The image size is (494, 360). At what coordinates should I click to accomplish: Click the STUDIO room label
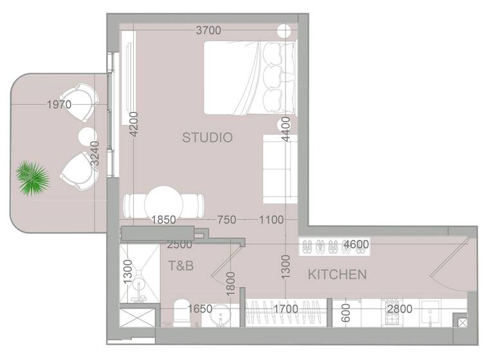[x=206, y=138]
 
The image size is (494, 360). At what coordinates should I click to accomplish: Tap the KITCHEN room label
[x=337, y=275]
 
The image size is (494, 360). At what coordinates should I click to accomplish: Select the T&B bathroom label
[x=181, y=265]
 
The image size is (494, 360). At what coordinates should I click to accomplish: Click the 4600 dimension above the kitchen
[x=356, y=245]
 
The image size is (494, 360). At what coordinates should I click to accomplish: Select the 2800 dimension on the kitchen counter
[x=400, y=309]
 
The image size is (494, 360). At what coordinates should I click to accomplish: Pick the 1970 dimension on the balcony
[x=59, y=104]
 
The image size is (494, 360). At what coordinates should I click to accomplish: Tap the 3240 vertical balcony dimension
[x=95, y=154]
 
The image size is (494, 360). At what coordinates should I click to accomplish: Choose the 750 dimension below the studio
[x=226, y=220]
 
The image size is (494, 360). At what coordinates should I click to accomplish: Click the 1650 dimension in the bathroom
[x=199, y=309]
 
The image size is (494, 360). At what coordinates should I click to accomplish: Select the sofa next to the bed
[x=280, y=160]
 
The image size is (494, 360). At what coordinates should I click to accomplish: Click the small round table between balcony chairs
[x=87, y=137]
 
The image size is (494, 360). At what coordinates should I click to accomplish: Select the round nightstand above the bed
[x=284, y=30]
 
